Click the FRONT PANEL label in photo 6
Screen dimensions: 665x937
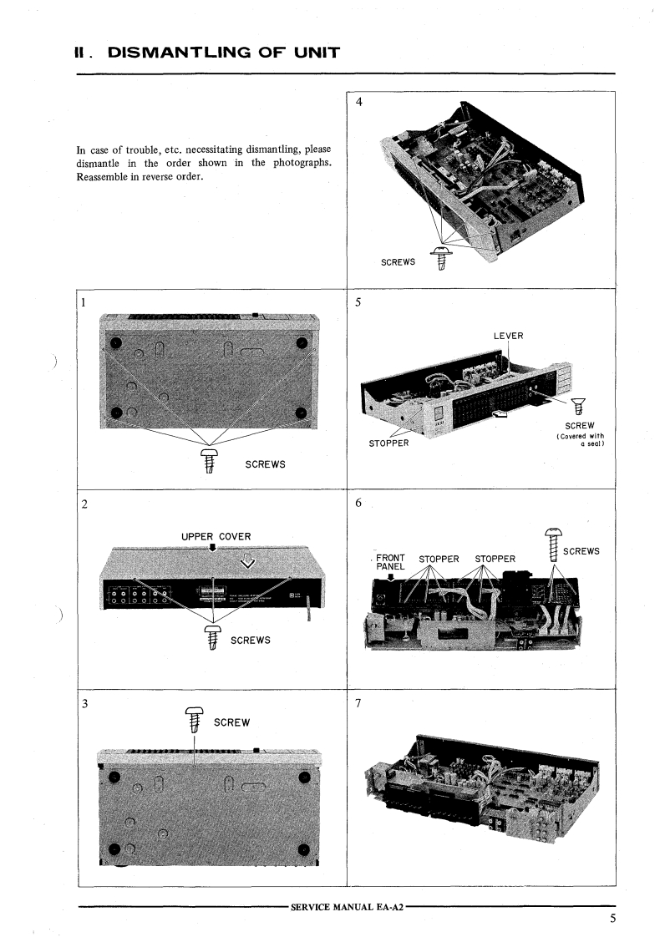(391, 561)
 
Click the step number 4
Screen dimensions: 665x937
(359, 103)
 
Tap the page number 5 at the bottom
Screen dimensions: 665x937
(612, 919)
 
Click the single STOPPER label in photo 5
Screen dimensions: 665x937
(388, 443)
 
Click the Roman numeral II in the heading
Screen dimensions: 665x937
(82, 53)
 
